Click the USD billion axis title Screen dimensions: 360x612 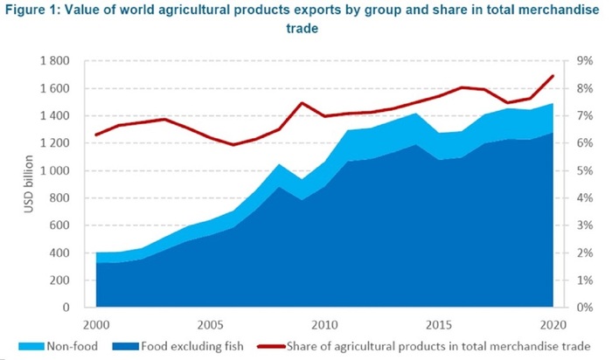point(30,184)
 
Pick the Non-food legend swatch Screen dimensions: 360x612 point(19,345)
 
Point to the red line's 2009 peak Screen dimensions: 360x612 point(301,103)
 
